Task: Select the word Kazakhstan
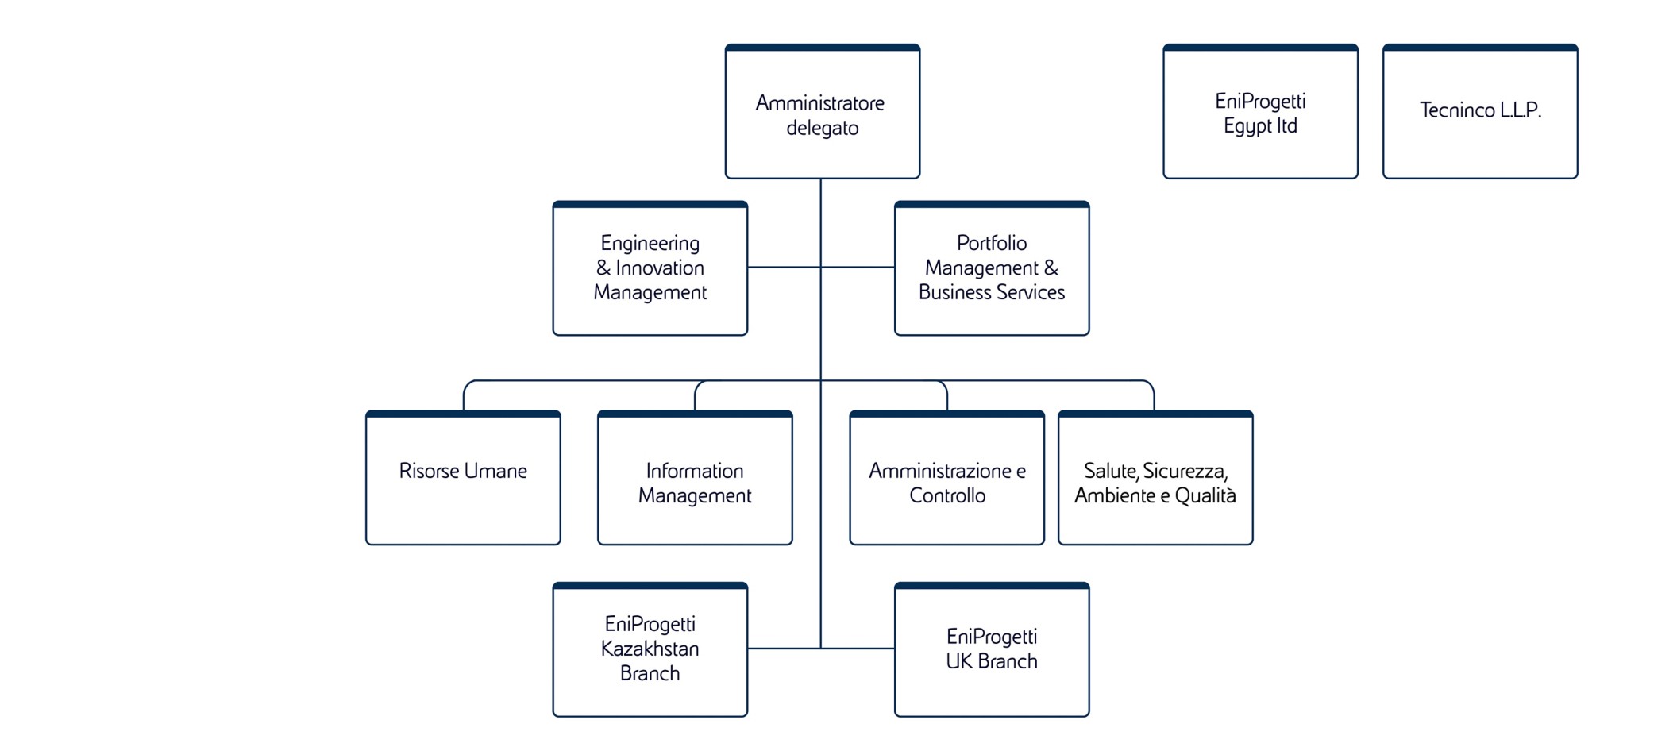(x=650, y=649)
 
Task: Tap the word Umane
(x=495, y=471)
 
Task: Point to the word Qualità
(x=1205, y=496)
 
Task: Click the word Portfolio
(x=992, y=243)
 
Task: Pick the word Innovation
(x=660, y=268)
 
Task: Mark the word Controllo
(x=947, y=496)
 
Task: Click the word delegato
(x=822, y=129)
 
